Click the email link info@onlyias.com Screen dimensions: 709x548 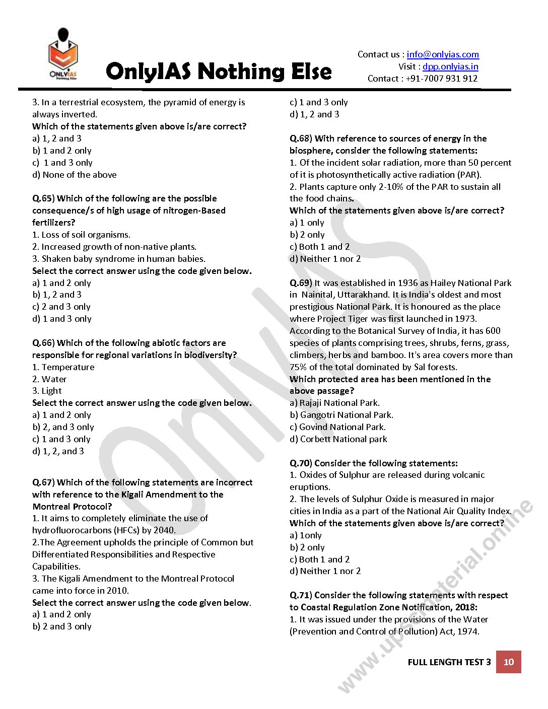coord(443,54)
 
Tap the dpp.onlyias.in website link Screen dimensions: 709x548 coord(450,66)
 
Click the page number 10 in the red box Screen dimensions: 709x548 coord(509,662)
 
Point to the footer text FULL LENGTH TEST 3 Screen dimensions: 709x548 coord(449,662)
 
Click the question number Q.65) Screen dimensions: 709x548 coord(43,198)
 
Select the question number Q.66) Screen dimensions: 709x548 coord(43,343)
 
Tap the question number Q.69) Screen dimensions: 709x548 coord(301,283)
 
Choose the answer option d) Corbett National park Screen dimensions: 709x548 coord(338,439)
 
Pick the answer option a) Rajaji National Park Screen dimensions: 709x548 coord(334,403)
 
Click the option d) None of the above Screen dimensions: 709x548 coord(74,175)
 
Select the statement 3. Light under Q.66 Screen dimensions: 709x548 coord(47,391)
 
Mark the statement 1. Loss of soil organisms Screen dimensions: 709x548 coord(81,235)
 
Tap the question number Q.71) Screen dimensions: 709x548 coord(301,595)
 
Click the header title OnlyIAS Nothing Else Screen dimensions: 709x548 coord(219,72)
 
